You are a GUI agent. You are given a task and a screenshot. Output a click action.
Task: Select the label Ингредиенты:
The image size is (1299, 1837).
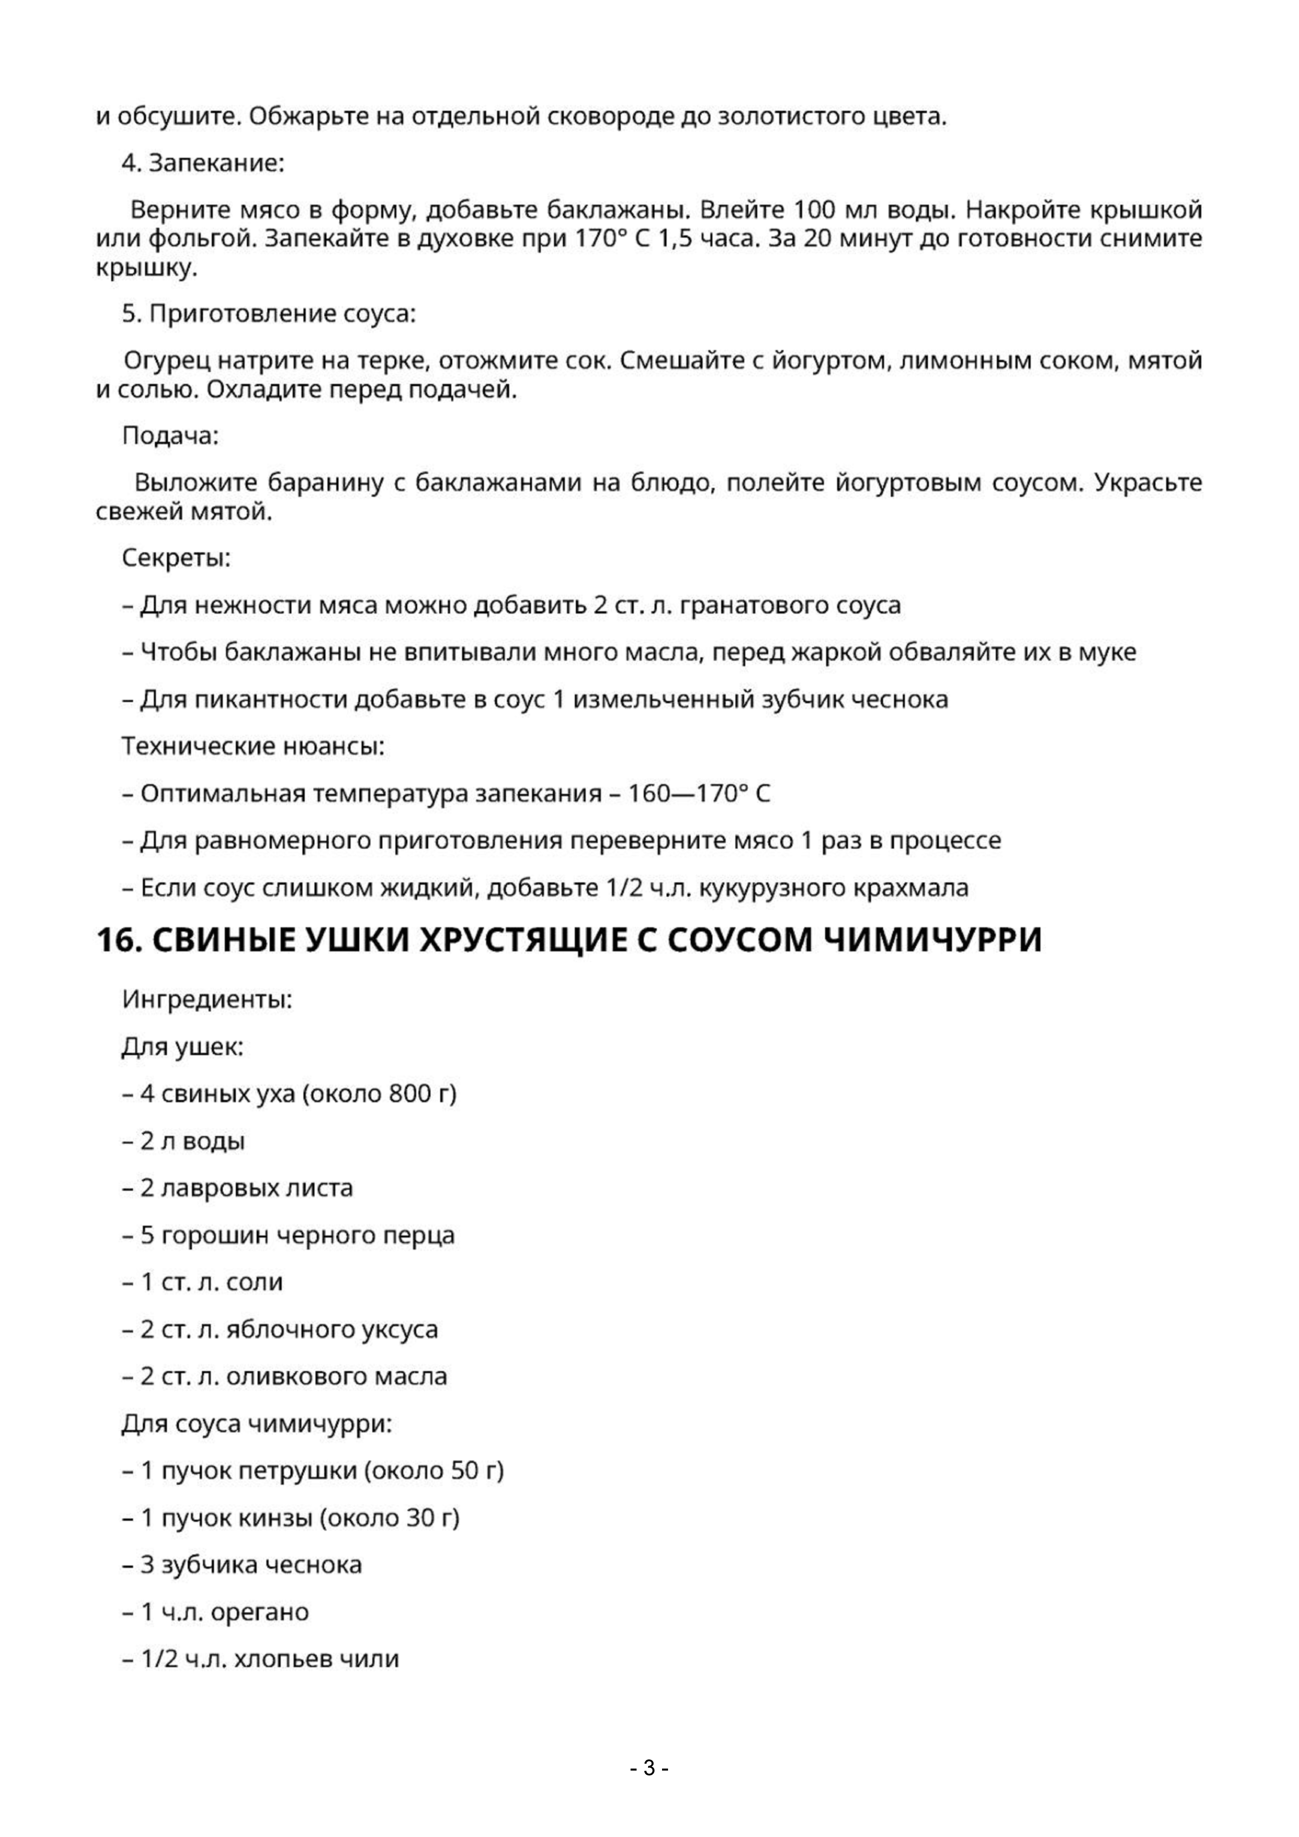tap(207, 999)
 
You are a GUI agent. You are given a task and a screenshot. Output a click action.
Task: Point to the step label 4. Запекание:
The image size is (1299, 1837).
tap(202, 163)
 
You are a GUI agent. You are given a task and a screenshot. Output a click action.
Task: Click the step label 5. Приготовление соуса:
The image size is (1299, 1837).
tap(269, 314)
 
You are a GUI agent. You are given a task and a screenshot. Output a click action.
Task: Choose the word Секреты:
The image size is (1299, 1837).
tap(176, 558)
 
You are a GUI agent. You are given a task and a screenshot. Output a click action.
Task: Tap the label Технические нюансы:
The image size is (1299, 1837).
tap(253, 746)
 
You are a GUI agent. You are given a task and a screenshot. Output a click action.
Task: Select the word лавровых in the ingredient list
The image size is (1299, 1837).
tap(209, 1188)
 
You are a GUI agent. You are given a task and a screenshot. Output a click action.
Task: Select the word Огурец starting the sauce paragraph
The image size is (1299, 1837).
tap(167, 361)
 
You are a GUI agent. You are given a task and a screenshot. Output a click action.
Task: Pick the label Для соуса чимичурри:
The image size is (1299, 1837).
tap(257, 1424)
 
